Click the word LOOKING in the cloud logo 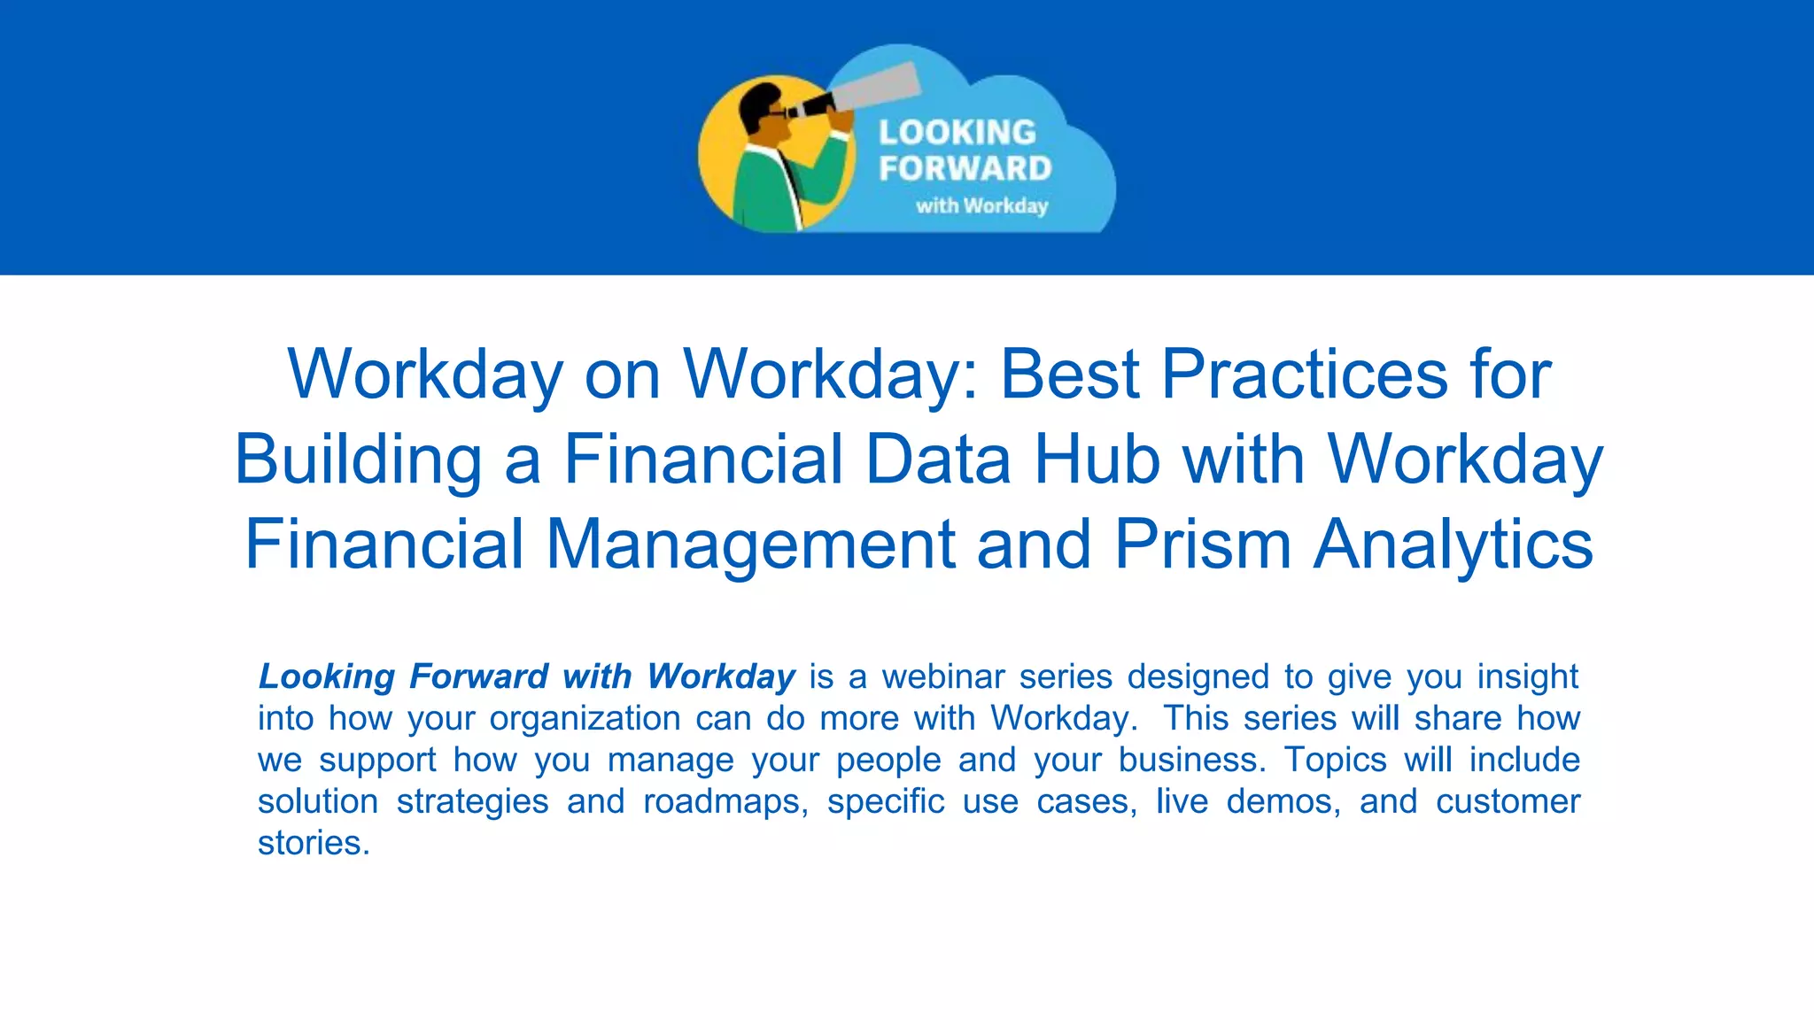point(957,133)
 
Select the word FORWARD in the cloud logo point(965,168)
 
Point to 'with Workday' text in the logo point(981,205)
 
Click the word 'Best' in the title point(1069,374)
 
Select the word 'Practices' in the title point(1304,374)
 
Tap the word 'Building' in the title point(357,459)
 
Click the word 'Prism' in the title point(1202,544)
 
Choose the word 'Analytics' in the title point(1453,544)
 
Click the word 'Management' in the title point(749,544)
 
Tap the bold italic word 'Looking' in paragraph point(326,676)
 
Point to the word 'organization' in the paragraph point(585,718)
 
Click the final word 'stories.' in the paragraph point(314,843)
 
